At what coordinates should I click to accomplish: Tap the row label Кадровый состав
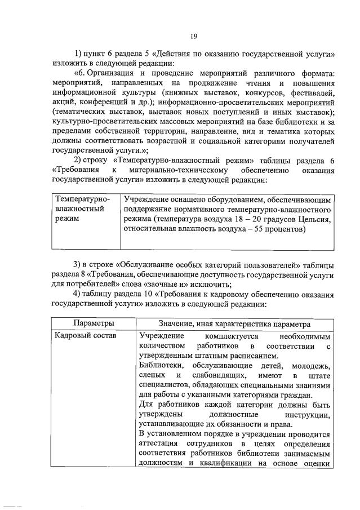point(85,336)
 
